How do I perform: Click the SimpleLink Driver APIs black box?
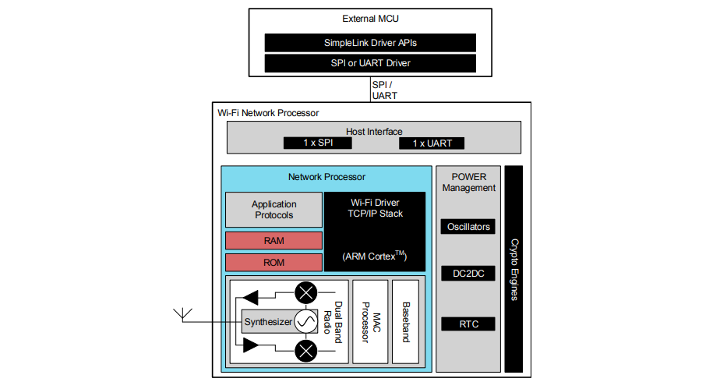click(x=370, y=42)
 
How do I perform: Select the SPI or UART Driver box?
click(x=370, y=62)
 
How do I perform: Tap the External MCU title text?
click(x=370, y=19)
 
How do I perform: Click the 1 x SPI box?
click(x=317, y=143)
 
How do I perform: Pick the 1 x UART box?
click(x=431, y=143)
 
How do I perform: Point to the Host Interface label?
click(x=374, y=132)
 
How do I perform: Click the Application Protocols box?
click(x=274, y=210)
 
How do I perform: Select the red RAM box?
click(x=274, y=241)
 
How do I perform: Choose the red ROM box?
click(x=274, y=263)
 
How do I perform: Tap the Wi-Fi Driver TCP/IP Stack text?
click(x=375, y=207)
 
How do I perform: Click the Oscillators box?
click(x=468, y=227)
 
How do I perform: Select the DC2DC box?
click(x=468, y=274)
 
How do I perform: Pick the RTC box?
click(x=468, y=324)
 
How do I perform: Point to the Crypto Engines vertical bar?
click(x=513, y=269)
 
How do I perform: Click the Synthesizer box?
click(x=267, y=321)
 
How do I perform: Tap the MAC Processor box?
click(x=370, y=321)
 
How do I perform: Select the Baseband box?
click(x=405, y=321)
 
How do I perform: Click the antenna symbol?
click(x=184, y=315)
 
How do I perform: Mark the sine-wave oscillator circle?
click(x=305, y=321)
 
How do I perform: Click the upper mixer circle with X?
click(x=305, y=293)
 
